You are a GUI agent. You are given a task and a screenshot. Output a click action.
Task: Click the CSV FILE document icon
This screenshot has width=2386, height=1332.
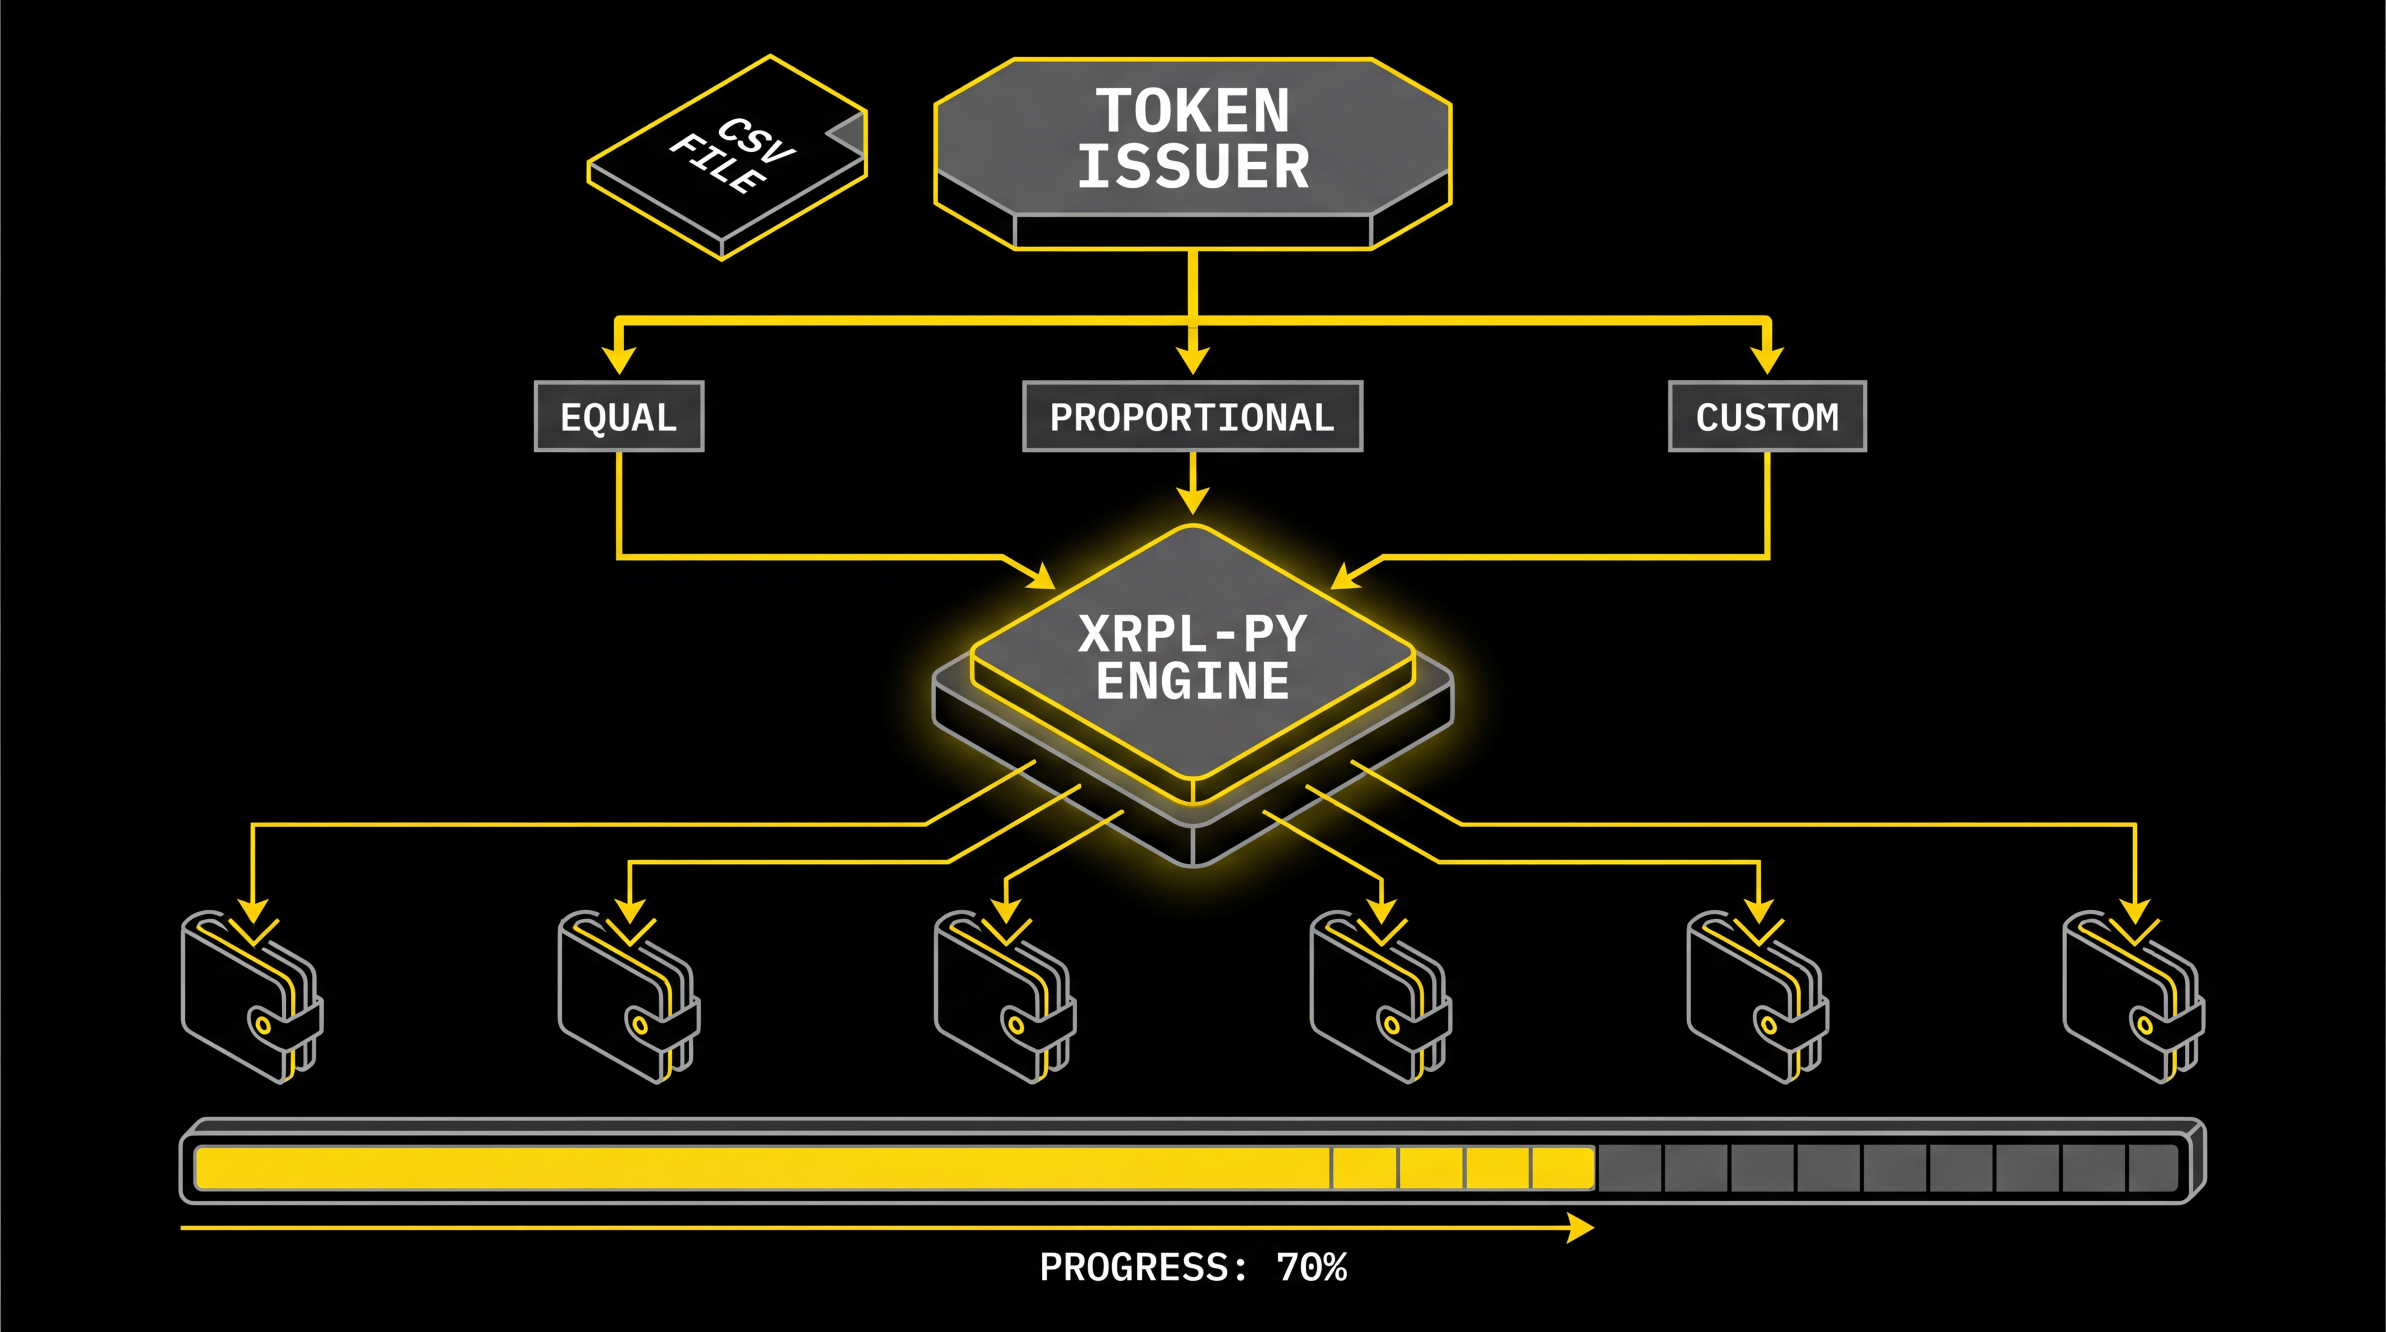pyautogui.click(x=727, y=156)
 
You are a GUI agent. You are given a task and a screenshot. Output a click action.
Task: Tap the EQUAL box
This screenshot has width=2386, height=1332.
pyautogui.click(x=619, y=417)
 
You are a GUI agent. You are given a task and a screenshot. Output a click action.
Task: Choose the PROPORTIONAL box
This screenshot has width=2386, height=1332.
pyautogui.click(x=1192, y=417)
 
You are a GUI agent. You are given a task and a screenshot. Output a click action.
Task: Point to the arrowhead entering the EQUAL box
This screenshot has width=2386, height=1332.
pyautogui.click(x=619, y=359)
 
